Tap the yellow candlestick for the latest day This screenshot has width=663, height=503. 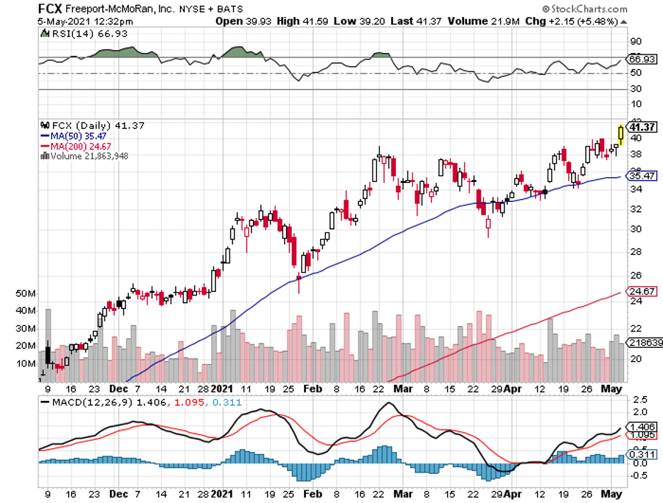621,134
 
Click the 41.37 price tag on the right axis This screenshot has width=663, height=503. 642,126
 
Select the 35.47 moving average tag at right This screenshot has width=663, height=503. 642,176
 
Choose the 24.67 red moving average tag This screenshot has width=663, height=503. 642,290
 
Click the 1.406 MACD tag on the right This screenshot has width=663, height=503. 642,426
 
